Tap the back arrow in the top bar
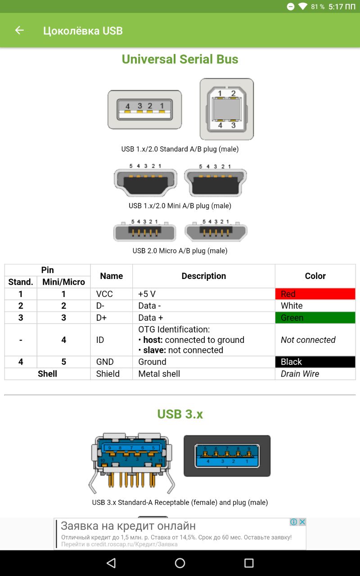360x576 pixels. (19, 30)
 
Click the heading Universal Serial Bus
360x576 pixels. (180, 59)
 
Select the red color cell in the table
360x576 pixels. (315, 294)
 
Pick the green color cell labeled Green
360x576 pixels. (315, 318)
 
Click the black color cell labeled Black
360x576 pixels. (315, 362)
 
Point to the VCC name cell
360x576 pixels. (111, 294)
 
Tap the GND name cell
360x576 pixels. (111, 362)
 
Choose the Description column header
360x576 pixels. (203, 276)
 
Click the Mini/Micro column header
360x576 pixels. (63, 282)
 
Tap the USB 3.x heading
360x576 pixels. (180, 414)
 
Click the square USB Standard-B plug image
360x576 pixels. (227, 109)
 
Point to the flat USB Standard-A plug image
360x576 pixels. (144, 109)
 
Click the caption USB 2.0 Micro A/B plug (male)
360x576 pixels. (180, 251)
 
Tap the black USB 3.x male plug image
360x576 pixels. (227, 455)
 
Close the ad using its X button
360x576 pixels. (302, 522)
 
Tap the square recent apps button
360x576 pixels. (249, 563)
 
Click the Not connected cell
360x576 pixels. (308, 340)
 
